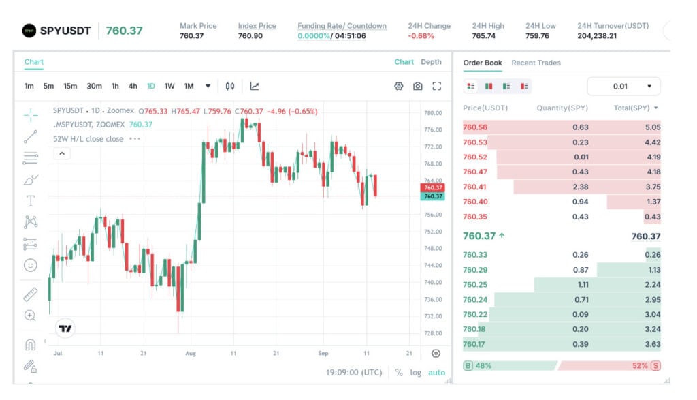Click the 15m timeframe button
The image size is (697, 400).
(70, 86)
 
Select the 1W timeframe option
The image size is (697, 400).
(169, 86)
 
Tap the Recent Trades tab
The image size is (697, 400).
(536, 63)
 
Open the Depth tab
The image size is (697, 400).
(431, 62)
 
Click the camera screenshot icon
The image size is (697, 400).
(417, 86)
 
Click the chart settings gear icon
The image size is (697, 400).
(399, 86)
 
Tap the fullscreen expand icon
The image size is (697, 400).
(437, 86)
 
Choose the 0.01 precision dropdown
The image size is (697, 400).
(623, 87)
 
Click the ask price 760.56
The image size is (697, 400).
(474, 127)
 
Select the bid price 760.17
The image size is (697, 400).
(474, 344)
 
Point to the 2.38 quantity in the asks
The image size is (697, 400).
(580, 187)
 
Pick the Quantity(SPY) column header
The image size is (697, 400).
(562, 108)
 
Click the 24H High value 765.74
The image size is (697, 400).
(484, 36)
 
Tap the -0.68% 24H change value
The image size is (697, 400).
(421, 36)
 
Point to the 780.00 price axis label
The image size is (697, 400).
(433, 113)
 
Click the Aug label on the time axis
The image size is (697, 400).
(191, 353)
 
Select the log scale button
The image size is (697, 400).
(415, 373)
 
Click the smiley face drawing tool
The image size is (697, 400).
(30, 266)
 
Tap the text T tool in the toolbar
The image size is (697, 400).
(30, 201)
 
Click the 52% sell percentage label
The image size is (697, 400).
(640, 366)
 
